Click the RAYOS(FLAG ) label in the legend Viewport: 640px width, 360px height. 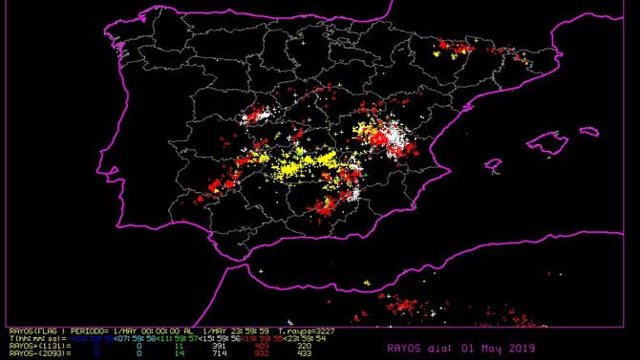[30, 329]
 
